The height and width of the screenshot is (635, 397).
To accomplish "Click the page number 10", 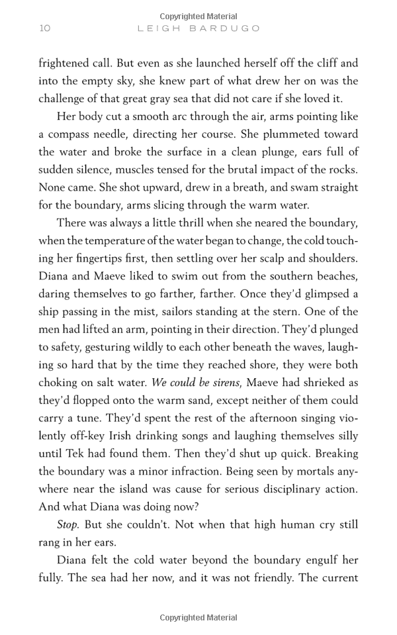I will (44, 28).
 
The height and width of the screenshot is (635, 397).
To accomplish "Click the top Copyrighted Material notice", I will (198, 17).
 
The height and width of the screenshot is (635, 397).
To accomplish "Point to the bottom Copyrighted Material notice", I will (198, 618).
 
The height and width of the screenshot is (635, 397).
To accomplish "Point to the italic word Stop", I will (68, 525).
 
